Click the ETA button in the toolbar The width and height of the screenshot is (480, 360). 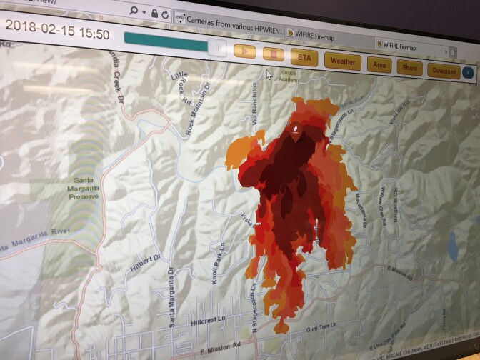[x=304, y=57]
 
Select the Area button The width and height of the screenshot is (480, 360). [x=379, y=65]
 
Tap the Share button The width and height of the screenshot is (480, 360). [x=409, y=68]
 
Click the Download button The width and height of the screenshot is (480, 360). [x=444, y=71]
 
